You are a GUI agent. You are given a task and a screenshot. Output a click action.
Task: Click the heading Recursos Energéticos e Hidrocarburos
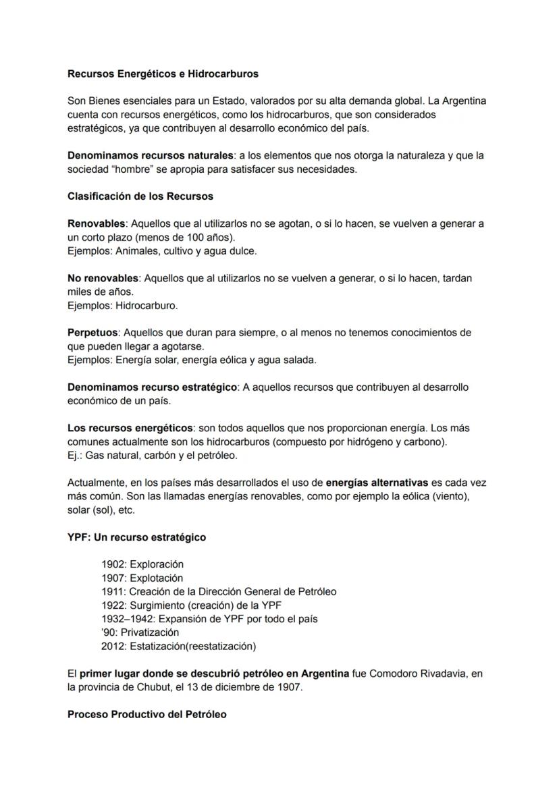tap(163, 73)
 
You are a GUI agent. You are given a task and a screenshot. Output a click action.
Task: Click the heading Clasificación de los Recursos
tap(140, 196)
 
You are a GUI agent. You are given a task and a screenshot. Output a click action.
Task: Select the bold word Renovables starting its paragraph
tap(97, 223)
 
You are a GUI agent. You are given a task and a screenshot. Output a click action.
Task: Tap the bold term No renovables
tap(103, 278)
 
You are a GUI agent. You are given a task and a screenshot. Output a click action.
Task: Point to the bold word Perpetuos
tap(93, 333)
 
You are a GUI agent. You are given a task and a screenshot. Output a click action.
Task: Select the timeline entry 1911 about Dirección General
tap(219, 592)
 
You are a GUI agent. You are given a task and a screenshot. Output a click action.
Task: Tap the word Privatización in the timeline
tap(152, 632)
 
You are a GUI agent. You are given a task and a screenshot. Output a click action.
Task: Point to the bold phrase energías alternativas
tap(377, 483)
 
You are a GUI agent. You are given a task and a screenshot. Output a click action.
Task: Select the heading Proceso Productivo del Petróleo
tap(147, 714)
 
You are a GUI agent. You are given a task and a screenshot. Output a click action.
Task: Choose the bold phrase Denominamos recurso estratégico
tap(152, 387)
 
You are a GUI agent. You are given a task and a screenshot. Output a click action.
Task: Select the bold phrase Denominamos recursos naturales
tap(151, 155)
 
